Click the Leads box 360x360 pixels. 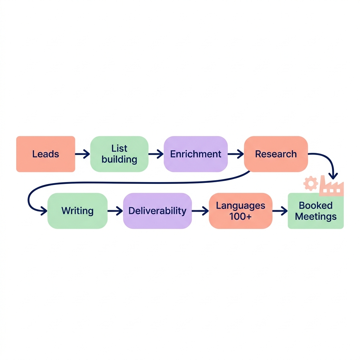point(46,154)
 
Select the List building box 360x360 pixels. point(119,154)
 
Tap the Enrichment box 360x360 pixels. point(196,154)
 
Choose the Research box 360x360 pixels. point(276,154)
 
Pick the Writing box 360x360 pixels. point(77,211)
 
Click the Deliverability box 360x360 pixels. point(157,211)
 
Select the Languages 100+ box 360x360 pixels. point(240,211)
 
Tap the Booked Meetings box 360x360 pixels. point(316,211)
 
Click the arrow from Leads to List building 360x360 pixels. point(83,154)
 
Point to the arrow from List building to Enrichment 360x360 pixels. point(156,154)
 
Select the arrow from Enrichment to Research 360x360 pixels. point(236,154)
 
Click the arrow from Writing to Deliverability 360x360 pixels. point(115,211)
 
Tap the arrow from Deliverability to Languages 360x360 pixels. point(200,211)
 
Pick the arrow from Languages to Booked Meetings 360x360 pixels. point(280,211)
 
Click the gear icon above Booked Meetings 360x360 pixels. point(311,184)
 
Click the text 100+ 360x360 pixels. point(240,217)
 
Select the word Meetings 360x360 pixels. point(316,217)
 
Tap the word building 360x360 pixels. point(119,160)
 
